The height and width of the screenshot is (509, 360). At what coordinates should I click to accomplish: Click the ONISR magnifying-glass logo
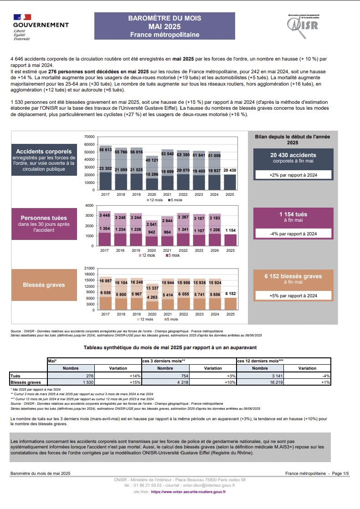[302, 26]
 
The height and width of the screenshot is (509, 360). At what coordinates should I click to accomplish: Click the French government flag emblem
[22, 17]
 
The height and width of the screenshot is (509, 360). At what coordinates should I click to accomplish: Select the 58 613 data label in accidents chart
[105, 150]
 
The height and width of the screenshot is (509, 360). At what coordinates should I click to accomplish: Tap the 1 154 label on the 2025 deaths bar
[231, 230]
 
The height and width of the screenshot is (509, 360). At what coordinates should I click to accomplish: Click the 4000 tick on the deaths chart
[89, 205]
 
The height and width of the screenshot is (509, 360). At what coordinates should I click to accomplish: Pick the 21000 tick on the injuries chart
[89, 268]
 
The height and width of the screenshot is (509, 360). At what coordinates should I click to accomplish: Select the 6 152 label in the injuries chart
[231, 294]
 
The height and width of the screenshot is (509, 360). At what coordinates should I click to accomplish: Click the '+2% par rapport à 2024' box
[293, 175]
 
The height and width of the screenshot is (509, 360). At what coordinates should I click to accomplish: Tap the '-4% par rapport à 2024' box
[293, 234]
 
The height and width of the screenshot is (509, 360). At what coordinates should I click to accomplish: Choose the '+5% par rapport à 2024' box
[293, 296]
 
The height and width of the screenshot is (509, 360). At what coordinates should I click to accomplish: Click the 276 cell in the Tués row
[71, 376]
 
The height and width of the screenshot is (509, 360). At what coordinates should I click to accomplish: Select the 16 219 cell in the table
[260, 382]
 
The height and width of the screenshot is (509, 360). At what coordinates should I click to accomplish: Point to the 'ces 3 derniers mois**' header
[164, 361]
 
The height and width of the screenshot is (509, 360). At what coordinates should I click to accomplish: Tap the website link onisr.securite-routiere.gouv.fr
[189, 492]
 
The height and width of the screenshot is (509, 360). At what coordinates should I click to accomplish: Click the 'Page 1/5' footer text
[340, 473]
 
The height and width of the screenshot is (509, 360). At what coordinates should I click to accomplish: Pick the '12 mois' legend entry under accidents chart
[154, 200]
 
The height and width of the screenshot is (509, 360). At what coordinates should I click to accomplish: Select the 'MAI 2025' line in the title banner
[165, 26]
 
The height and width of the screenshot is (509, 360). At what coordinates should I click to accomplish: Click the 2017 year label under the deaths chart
[105, 250]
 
